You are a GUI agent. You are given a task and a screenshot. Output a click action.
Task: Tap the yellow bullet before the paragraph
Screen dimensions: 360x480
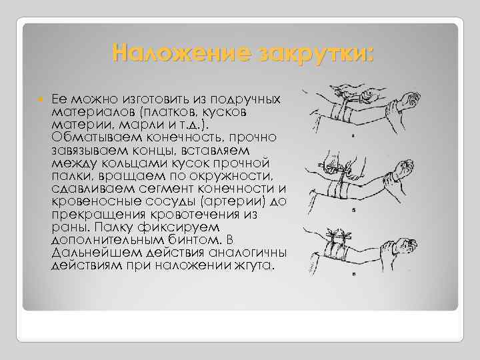(x=41, y=99)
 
